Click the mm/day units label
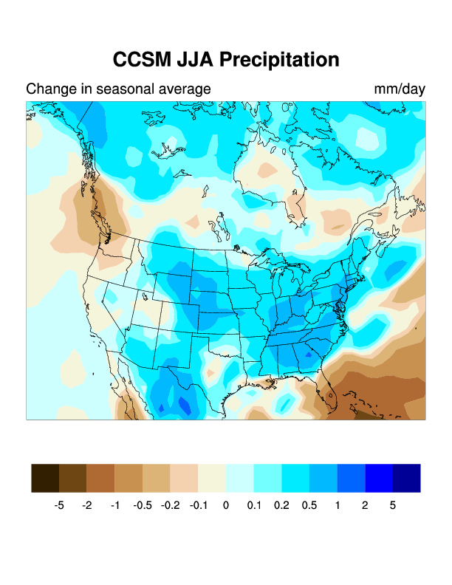[400, 89]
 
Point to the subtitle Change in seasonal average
[118, 89]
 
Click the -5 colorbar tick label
[59, 506]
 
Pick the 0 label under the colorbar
[226, 506]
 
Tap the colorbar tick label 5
[393, 506]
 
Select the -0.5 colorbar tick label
[143, 506]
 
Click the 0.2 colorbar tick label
[281, 506]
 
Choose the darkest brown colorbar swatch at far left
[45, 478]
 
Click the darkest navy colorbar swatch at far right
[406, 478]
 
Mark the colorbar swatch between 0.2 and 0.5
[295, 478]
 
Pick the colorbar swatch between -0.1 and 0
[212, 478]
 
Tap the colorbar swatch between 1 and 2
[351, 478]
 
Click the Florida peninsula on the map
[329, 399]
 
